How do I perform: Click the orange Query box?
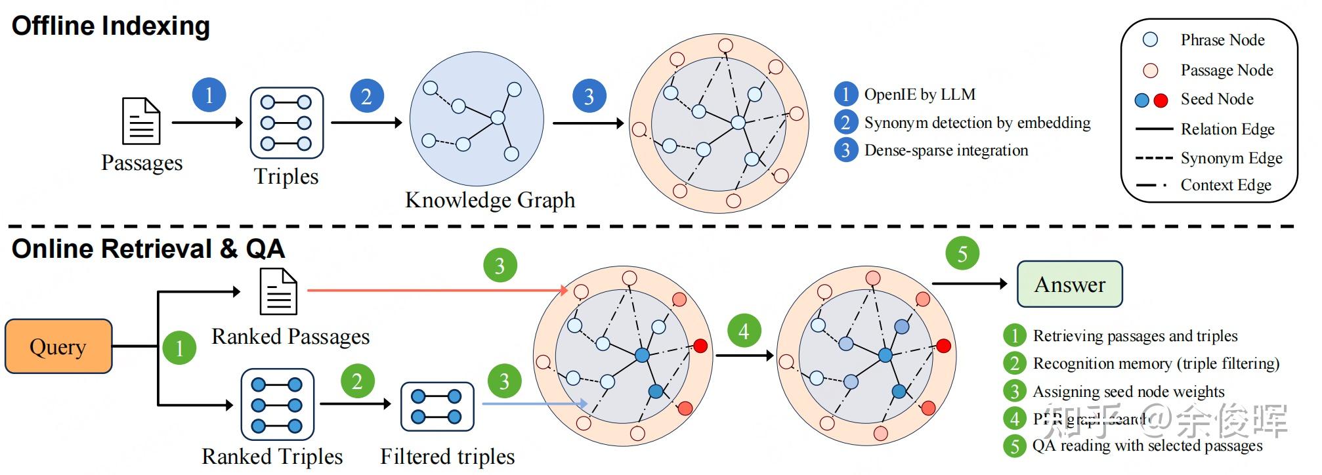(58, 346)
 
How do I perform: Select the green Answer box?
(1069, 284)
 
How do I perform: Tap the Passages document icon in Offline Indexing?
(141, 121)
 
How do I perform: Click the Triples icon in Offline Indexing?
(286, 123)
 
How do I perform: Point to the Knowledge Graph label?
(490, 199)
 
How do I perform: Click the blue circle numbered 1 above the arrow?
(209, 94)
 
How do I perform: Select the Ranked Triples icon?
(277, 404)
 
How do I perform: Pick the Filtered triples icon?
(437, 406)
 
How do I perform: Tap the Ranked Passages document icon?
(278, 292)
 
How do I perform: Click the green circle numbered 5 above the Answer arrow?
(962, 253)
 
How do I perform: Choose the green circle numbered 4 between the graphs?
(744, 331)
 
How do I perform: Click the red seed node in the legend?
(1161, 100)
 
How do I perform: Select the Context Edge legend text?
(1226, 185)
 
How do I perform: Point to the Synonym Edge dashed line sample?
(1153, 158)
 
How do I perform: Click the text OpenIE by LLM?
(919, 94)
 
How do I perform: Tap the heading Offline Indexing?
(111, 26)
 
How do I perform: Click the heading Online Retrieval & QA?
(148, 249)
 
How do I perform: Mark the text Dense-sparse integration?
(946, 150)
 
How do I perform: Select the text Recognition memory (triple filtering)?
(1155, 363)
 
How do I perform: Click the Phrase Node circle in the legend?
(1150, 40)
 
